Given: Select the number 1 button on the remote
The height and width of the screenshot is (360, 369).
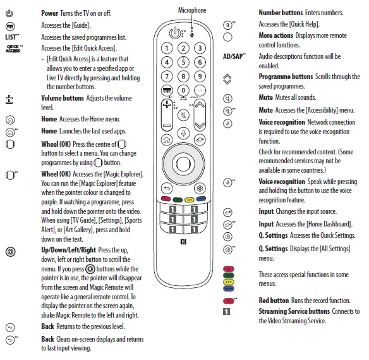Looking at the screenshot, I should pos(167,49).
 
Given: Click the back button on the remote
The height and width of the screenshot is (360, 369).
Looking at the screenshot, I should pos(166,188).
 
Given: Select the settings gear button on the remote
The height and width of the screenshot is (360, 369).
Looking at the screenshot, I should pos(200,188).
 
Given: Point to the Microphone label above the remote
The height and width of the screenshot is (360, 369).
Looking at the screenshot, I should pos(191,10).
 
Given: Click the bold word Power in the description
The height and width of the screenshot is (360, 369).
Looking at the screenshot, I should pos(49,13).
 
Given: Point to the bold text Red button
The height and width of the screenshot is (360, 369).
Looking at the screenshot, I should pos(274,300).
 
